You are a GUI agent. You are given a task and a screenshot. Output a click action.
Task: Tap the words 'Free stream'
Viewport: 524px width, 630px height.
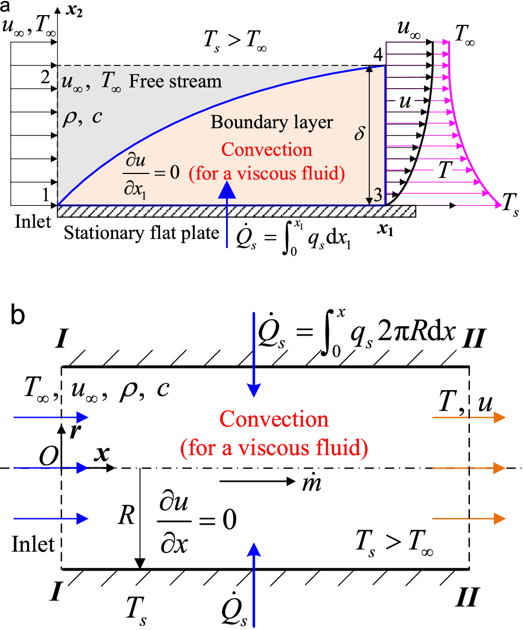click(x=176, y=82)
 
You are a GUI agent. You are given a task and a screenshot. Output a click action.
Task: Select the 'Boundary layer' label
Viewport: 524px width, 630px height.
click(x=272, y=123)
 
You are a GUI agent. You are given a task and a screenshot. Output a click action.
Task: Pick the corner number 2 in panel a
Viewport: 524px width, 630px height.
click(x=45, y=76)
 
